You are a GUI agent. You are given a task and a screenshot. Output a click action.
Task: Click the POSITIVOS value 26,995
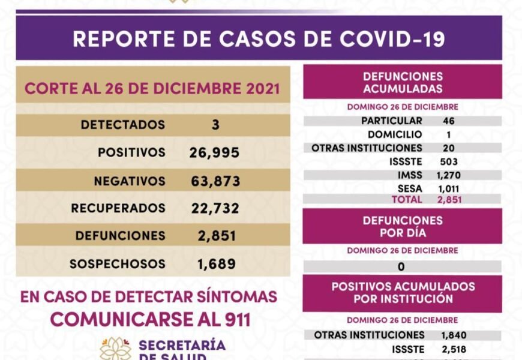click(214, 152)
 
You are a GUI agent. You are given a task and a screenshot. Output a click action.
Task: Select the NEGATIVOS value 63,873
click(214, 181)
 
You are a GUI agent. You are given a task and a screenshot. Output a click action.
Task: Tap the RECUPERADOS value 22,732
click(214, 208)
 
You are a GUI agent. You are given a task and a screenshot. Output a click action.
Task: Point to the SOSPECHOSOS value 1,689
click(217, 263)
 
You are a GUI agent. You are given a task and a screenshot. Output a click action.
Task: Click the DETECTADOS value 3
click(215, 125)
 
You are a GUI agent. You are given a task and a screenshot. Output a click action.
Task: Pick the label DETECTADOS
click(123, 125)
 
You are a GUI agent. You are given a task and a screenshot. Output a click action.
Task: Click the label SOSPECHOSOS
click(118, 263)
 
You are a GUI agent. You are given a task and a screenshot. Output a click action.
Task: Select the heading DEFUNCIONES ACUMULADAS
click(403, 83)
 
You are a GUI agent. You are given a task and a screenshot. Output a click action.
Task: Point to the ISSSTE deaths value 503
click(448, 161)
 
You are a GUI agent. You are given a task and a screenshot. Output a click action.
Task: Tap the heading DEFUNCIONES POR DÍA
click(403, 226)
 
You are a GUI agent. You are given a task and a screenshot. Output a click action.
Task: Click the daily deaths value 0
click(401, 266)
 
